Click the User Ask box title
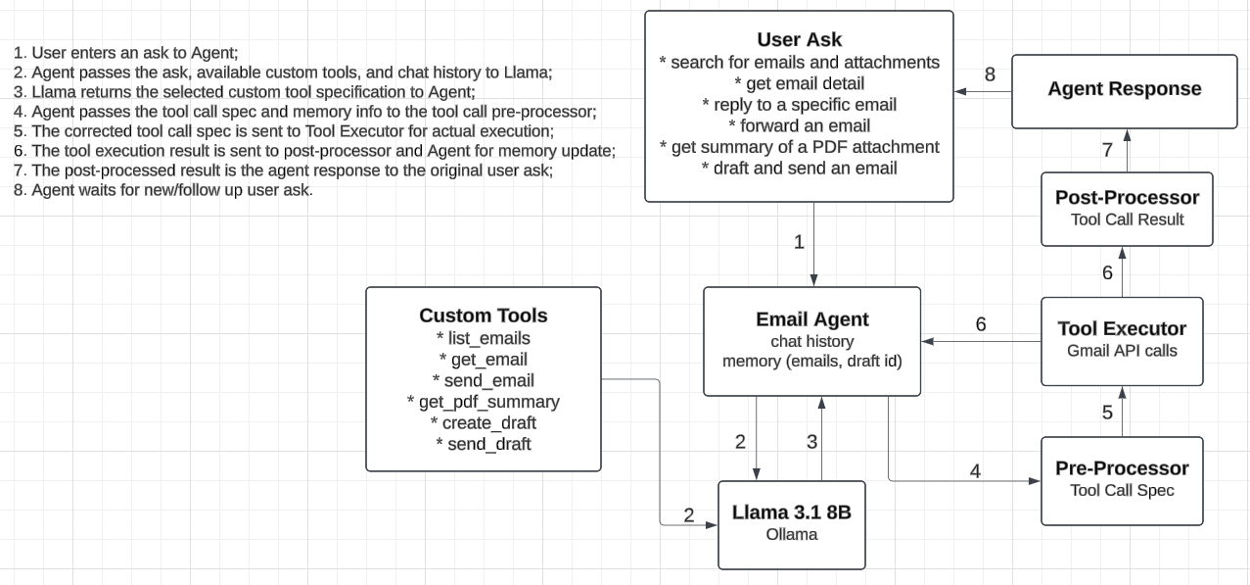pyautogui.click(x=799, y=40)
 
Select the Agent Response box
pyautogui.click(x=1124, y=89)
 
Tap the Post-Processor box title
pyautogui.click(x=1127, y=198)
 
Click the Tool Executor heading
pyautogui.click(x=1122, y=329)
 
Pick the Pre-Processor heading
pyautogui.click(x=1122, y=468)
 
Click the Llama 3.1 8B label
pyautogui.click(x=791, y=512)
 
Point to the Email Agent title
pyautogui.click(x=811, y=319)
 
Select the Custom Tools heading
pyautogui.click(x=483, y=316)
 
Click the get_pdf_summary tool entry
pyautogui.click(x=483, y=402)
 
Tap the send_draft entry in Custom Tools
pyautogui.click(x=483, y=444)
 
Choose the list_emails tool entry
pyautogui.click(x=483, y=338)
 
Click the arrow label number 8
pyautogui.click(x=990, y=74)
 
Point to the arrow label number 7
pyautogui.click(x=1107, y=150)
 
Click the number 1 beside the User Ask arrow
pyautogui.click(x=799, y=242)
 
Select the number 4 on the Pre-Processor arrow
pyautogui.click(x=975, y=471)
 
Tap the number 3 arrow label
pyautogui.click(x=811, y=442)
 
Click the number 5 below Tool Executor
pyautogui.click(x=1107, y=413)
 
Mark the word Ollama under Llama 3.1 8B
pyautogui.click(x=791, y=534)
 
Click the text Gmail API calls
pyautogui.click(x=1122, y=351)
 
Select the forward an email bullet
pyautogui.click(x=799, y=125)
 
